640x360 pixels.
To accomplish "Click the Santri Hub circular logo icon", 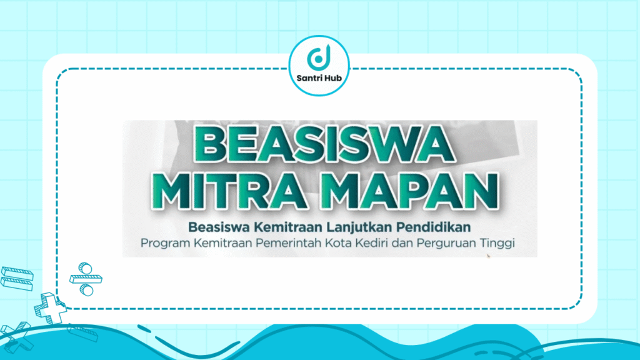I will click(319, 57).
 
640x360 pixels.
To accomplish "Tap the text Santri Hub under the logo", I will click(319, 79).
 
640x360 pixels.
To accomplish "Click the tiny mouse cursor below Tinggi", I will click(489, 256).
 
